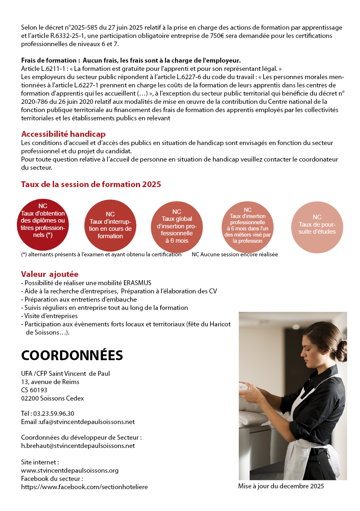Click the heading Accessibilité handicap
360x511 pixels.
[x=63, y=134]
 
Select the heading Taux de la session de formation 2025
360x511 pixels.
[x=91, y=184]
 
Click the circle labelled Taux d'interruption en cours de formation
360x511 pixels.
[x=110, y=225]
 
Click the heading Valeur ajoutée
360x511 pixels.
[x=50, y=274]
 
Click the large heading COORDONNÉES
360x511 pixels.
[x=72, y=355]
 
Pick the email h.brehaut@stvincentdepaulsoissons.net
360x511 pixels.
[x=78, y=445]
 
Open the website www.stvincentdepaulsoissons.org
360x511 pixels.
[x=70, y=470]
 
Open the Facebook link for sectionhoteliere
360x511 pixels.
[x=84, y=487]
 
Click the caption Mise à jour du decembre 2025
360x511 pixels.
[x=281, y=486]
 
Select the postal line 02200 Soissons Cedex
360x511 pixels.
[x=52, y=398]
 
